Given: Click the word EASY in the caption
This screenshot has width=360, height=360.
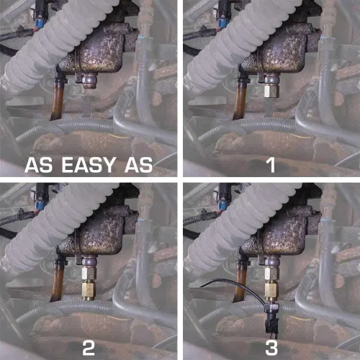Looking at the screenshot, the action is point(88,165).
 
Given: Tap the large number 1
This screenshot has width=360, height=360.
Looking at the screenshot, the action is point(271,165).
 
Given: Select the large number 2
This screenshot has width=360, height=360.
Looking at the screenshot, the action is point(89,348).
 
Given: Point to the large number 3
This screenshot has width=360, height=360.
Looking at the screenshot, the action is point(271,348).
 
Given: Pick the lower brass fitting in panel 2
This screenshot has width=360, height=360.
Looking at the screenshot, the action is point(89,291).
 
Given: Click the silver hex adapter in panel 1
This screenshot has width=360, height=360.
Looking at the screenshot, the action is point(271,91).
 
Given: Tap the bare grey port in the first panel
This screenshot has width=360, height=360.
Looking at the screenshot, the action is point(89,81).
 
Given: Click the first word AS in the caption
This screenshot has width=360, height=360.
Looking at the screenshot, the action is point(38,165).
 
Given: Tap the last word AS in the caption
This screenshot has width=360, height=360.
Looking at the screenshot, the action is point(138,165).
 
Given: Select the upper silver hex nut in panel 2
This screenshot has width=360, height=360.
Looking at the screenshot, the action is point(89,273).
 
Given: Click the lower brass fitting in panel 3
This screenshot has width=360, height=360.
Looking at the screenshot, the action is point(271,291).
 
